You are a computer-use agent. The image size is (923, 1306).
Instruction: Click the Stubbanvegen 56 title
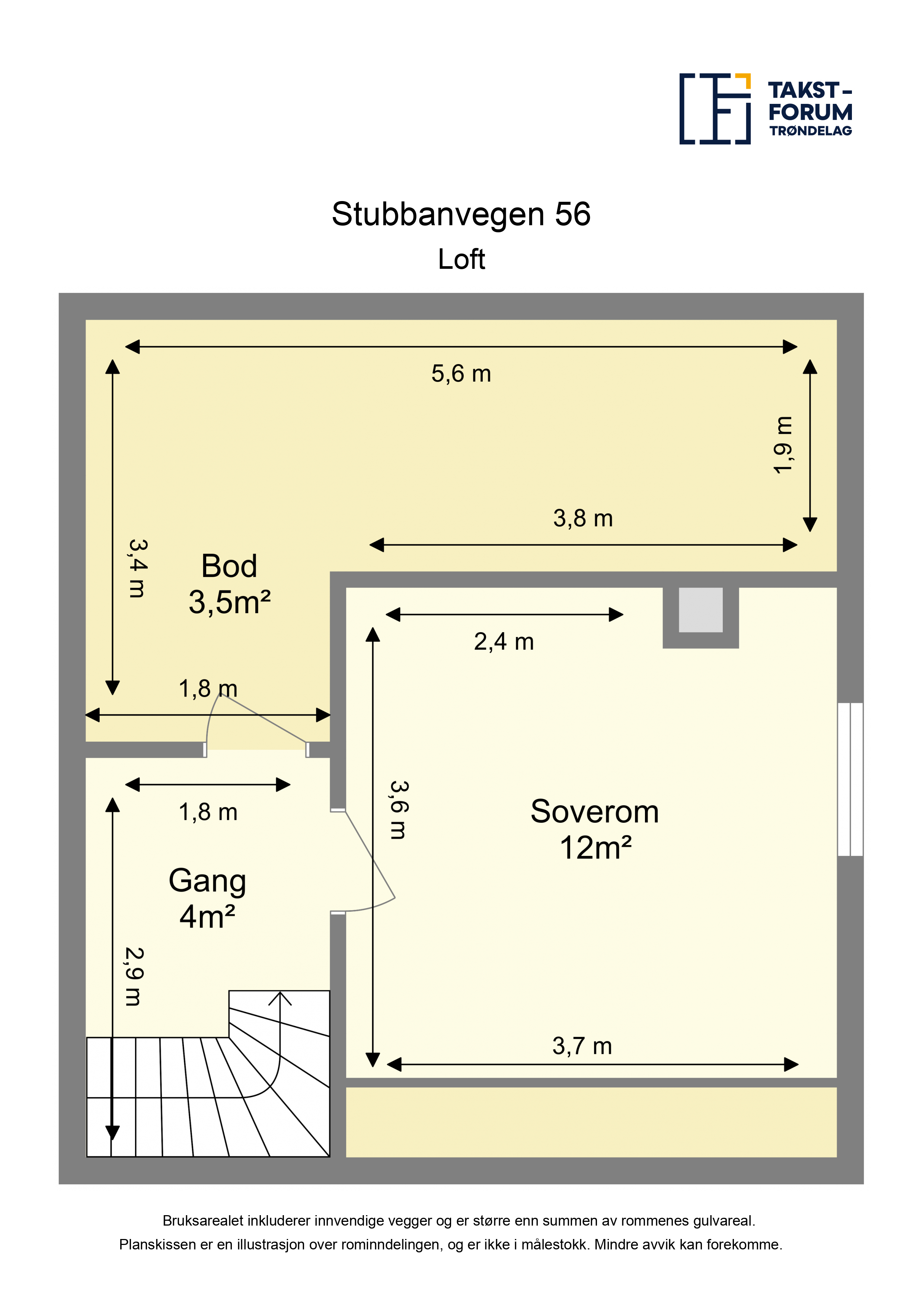461,214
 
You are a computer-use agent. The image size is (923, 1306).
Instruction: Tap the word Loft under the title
461,259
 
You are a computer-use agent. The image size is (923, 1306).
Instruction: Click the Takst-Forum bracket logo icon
715,109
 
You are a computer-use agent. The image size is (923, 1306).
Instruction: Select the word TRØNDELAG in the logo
810,131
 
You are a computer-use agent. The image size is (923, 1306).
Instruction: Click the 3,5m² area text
229,602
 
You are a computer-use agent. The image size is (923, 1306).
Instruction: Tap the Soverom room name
594,811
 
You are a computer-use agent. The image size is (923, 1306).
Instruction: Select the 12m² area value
595,848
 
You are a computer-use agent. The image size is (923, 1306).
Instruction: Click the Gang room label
208,882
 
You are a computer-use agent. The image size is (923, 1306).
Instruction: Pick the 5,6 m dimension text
461,374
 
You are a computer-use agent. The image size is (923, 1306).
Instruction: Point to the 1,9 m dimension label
783,445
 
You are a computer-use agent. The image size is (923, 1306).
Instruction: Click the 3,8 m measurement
583,518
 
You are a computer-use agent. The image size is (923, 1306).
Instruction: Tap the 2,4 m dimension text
504,641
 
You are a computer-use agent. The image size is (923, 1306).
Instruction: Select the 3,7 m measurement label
582,1046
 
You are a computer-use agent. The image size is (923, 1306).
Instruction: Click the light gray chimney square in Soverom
701,610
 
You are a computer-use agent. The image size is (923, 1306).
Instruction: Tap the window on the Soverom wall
850,779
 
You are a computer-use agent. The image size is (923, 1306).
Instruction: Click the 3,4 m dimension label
138,568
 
